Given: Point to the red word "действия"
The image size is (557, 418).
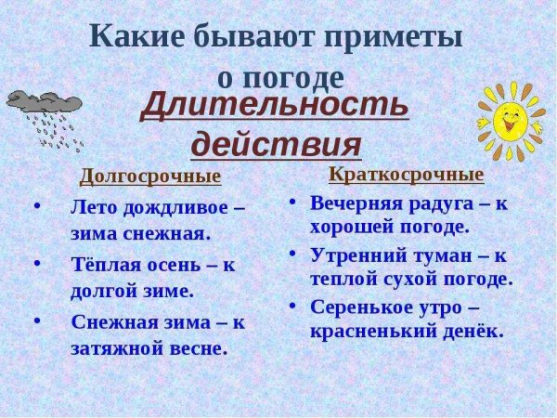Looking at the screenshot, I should click(x=276, y=145).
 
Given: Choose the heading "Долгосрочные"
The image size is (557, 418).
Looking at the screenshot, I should click(x=150, y=176).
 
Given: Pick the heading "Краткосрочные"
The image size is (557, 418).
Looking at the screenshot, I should click(x=406, y=175).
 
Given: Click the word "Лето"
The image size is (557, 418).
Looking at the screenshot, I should click(x=92, y=207).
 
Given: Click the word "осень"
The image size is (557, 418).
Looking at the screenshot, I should click(x=172, y=264).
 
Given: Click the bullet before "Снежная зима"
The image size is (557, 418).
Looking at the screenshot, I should click(x=37, y=321).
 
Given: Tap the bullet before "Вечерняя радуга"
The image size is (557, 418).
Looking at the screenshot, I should click(x=292, y=202).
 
